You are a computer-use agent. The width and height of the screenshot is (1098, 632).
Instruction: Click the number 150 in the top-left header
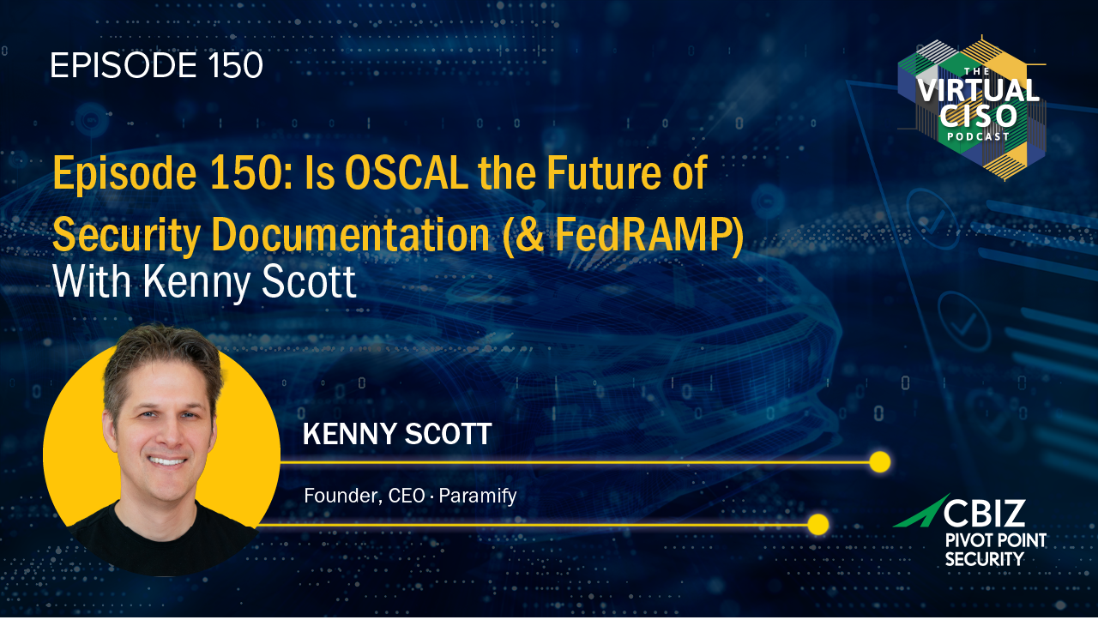point(235,65)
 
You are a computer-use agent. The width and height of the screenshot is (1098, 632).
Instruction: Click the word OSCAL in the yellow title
point(407,172)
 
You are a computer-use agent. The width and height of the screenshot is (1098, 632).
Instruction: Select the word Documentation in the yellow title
point(351,234)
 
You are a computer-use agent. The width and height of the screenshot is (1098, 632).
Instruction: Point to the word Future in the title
point(605,172)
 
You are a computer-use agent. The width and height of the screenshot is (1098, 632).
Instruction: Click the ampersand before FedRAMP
point(530,235)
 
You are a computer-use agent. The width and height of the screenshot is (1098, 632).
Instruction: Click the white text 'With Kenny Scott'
point(204,282)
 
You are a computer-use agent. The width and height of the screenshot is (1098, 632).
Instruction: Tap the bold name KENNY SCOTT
point(397,434)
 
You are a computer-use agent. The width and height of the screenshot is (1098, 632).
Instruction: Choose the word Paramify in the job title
point(478,496)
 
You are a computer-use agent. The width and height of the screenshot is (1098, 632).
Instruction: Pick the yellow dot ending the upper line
point(880,462)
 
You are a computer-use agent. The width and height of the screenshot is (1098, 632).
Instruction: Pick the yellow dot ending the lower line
point(818,525)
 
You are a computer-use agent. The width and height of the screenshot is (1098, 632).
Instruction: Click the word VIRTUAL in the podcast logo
point(978,90)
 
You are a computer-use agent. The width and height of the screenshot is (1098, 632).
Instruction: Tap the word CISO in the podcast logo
point(978,117)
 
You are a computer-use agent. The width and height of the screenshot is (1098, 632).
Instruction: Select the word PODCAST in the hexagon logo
point(978,136)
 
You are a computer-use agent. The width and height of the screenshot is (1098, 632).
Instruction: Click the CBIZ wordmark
point(984,513)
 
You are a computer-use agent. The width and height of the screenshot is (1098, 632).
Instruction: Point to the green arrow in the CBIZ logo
point(920,512)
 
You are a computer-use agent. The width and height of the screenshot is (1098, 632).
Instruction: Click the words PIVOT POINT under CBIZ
point(996,540)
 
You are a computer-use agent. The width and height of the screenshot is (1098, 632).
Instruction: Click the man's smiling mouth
point(167,461)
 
